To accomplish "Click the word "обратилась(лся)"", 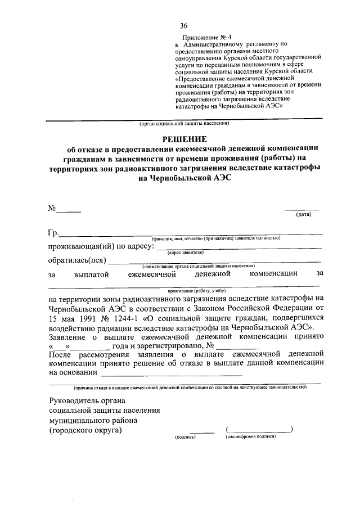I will point(76,260).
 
